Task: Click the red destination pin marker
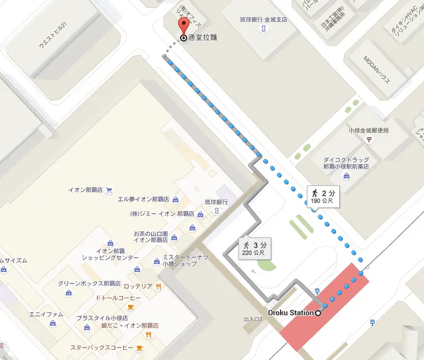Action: [183, 26]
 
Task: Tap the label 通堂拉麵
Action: [203, 38]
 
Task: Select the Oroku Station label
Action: [290, 312]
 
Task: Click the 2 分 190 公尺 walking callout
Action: [323, 196]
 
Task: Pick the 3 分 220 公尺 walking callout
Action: [254, 248]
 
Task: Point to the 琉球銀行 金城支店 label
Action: [264, 19]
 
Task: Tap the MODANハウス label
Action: [378, 70]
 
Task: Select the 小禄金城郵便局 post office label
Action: [368, 130]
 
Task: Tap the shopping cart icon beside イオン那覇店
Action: [109, 189]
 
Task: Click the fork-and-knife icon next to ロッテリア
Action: [158, 286]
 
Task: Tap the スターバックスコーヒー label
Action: [101, 347]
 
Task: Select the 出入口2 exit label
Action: [252, 319]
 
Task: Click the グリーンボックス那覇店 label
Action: [89, 283]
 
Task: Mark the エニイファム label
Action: [46, 314]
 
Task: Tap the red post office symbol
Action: [370, 139]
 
